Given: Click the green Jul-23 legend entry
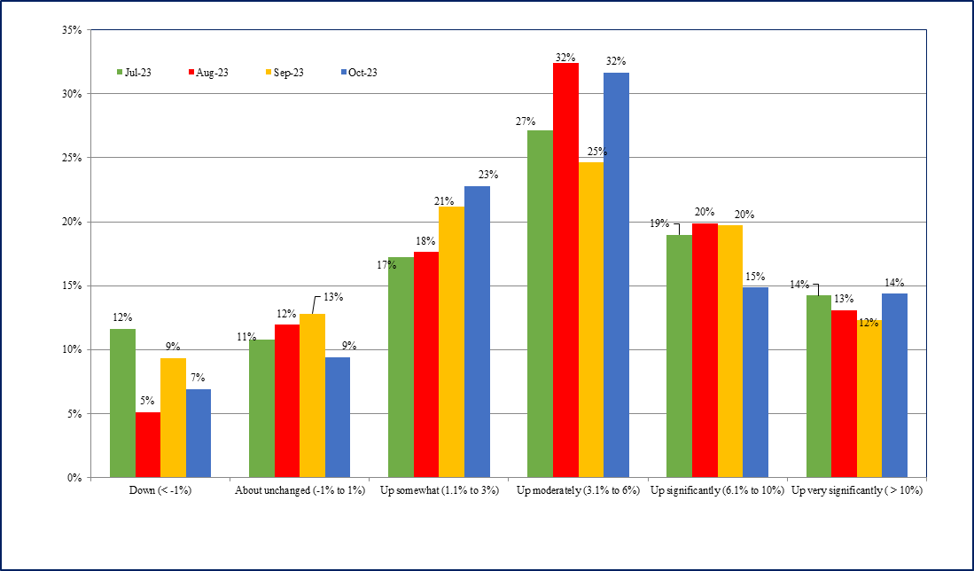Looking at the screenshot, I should coord(134,73).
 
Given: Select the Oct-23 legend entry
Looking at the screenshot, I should coord(359,73).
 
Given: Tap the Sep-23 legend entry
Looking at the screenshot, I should coord(284,73).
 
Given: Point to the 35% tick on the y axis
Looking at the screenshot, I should coord(72,30).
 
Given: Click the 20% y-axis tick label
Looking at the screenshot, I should coord(72,222).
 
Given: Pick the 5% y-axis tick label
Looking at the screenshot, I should coord(74,414).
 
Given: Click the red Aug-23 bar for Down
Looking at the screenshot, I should coord(148,444).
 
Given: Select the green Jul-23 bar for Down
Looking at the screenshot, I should coord(122,403).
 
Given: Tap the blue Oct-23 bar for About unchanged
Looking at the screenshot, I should coord(338,417).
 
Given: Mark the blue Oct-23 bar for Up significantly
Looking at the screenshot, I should coord(755,382).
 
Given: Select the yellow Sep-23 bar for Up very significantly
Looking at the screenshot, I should coord(869,399).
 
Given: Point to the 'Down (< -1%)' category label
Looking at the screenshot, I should coord(160,490).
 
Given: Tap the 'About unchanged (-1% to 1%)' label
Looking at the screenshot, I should coord(300,490).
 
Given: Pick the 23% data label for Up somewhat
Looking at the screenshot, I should coord(488,175).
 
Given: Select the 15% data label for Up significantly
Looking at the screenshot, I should coord(756,277).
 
